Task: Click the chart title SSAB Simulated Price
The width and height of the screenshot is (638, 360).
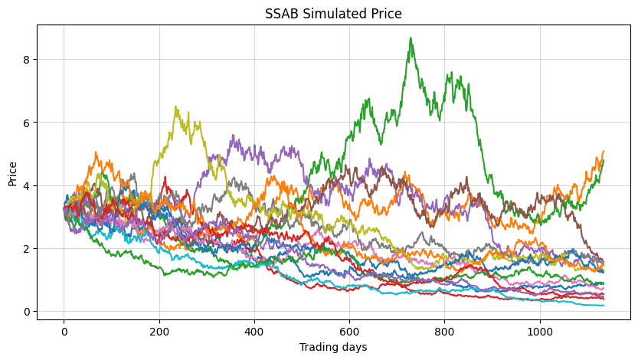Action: pos(332,14)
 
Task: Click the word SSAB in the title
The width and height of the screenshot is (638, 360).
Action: pos(280,14)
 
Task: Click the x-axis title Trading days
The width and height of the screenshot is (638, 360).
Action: pos(332,347)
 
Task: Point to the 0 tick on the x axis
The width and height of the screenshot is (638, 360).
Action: pos(64,331)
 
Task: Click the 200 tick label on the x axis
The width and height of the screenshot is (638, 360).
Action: pos(159,331)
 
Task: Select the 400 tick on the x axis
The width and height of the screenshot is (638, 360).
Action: pos(254,331)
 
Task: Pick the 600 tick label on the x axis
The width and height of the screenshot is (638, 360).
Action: pos(350,331)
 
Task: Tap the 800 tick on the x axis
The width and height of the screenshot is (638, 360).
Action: pos(445,331)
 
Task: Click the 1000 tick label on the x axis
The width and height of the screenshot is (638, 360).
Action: pos(540,331)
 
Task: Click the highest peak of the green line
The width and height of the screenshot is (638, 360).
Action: pos(411,38)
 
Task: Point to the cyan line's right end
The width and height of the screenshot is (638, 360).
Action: pos(604,306)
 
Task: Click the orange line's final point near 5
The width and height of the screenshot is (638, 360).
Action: pos(604,152)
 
